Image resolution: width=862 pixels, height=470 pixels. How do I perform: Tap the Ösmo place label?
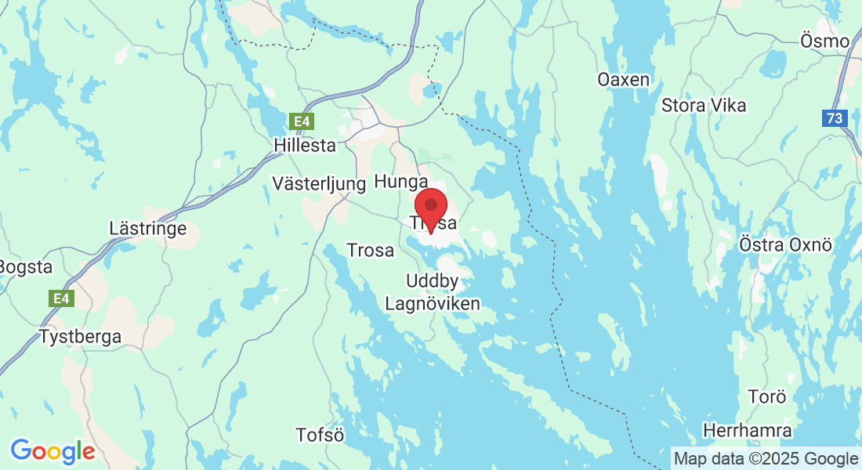click(825, 41)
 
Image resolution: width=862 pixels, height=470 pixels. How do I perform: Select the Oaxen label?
click(623, 80)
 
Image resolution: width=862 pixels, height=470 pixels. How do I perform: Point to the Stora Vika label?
click(704, 105)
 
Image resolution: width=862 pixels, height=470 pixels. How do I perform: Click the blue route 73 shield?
click(835, 118)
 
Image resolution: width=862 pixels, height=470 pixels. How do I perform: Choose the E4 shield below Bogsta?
click(60, 298)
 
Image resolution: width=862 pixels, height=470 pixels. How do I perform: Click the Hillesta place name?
click(305, 146)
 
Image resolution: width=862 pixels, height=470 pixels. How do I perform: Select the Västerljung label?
click(319, 184)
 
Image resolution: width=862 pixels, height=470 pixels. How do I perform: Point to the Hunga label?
click(401, 182)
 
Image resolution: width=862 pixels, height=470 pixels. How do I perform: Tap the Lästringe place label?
click(149, 229)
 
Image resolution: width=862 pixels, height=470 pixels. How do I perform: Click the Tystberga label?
click(81, 338)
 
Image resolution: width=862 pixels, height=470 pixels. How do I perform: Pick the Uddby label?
click(432, 280)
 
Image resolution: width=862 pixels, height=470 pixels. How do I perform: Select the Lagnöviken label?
click(433, 303)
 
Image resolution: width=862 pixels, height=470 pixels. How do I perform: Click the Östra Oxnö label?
click(784, 244)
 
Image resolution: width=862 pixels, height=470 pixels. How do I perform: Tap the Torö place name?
click(766, 396)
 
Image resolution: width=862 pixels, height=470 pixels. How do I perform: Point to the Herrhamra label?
click(747, 431)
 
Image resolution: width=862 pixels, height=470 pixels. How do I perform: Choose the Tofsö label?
click(320, 435)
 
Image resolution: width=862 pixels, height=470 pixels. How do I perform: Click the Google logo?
click(53, 451)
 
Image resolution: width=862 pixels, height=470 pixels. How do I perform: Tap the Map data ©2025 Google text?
click(766, 458)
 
